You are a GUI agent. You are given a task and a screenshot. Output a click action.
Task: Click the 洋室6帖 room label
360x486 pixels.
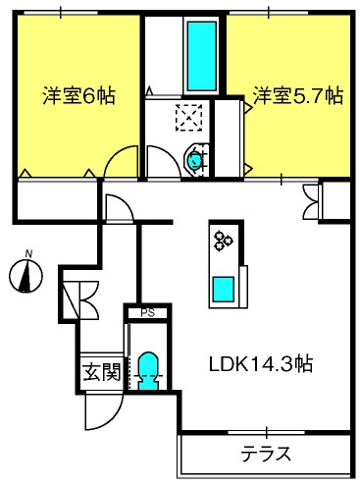(x=78, y=96)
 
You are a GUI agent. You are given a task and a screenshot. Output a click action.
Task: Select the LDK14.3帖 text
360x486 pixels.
(x=260, y=363)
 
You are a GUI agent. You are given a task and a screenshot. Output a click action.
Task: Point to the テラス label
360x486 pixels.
(x=266, y=454)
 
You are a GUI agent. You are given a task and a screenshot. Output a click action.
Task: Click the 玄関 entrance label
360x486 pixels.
(x=100, y=372)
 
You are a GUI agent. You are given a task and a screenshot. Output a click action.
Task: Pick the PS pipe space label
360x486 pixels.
(x=147, y=313)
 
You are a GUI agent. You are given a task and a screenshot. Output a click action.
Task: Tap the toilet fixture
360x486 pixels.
(x=150, y=371)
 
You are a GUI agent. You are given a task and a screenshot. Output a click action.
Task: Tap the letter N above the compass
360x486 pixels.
(x=28, y=254)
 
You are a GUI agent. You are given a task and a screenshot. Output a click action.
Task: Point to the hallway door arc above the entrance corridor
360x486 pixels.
(x=115, y=206)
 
